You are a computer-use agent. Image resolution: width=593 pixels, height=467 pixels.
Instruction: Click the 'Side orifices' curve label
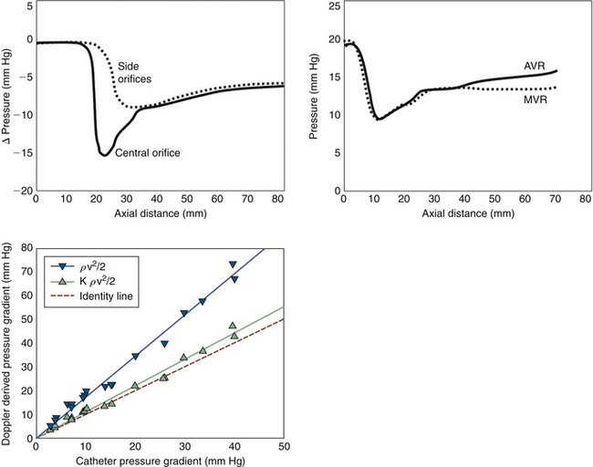pos(134,73)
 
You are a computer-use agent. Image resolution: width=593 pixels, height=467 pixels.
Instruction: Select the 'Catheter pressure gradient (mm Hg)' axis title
pos(160,460)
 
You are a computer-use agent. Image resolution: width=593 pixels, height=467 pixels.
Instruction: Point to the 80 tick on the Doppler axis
pos(25,247)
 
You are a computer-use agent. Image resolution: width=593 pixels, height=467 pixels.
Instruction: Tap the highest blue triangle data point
pos(233,265)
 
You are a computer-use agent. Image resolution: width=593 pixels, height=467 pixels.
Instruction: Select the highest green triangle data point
pos(233,326)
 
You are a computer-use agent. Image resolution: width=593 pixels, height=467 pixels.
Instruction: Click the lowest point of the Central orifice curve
pos(105,155)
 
